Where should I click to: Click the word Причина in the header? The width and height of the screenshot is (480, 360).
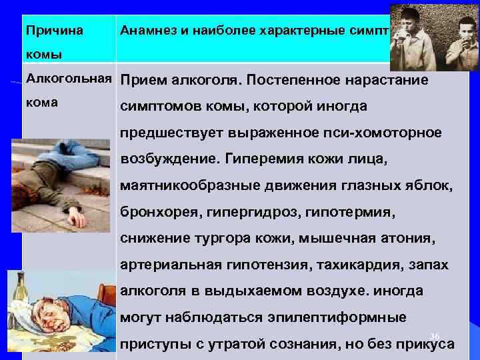[53, 31]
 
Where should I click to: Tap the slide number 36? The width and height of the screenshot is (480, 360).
[435, 335]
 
